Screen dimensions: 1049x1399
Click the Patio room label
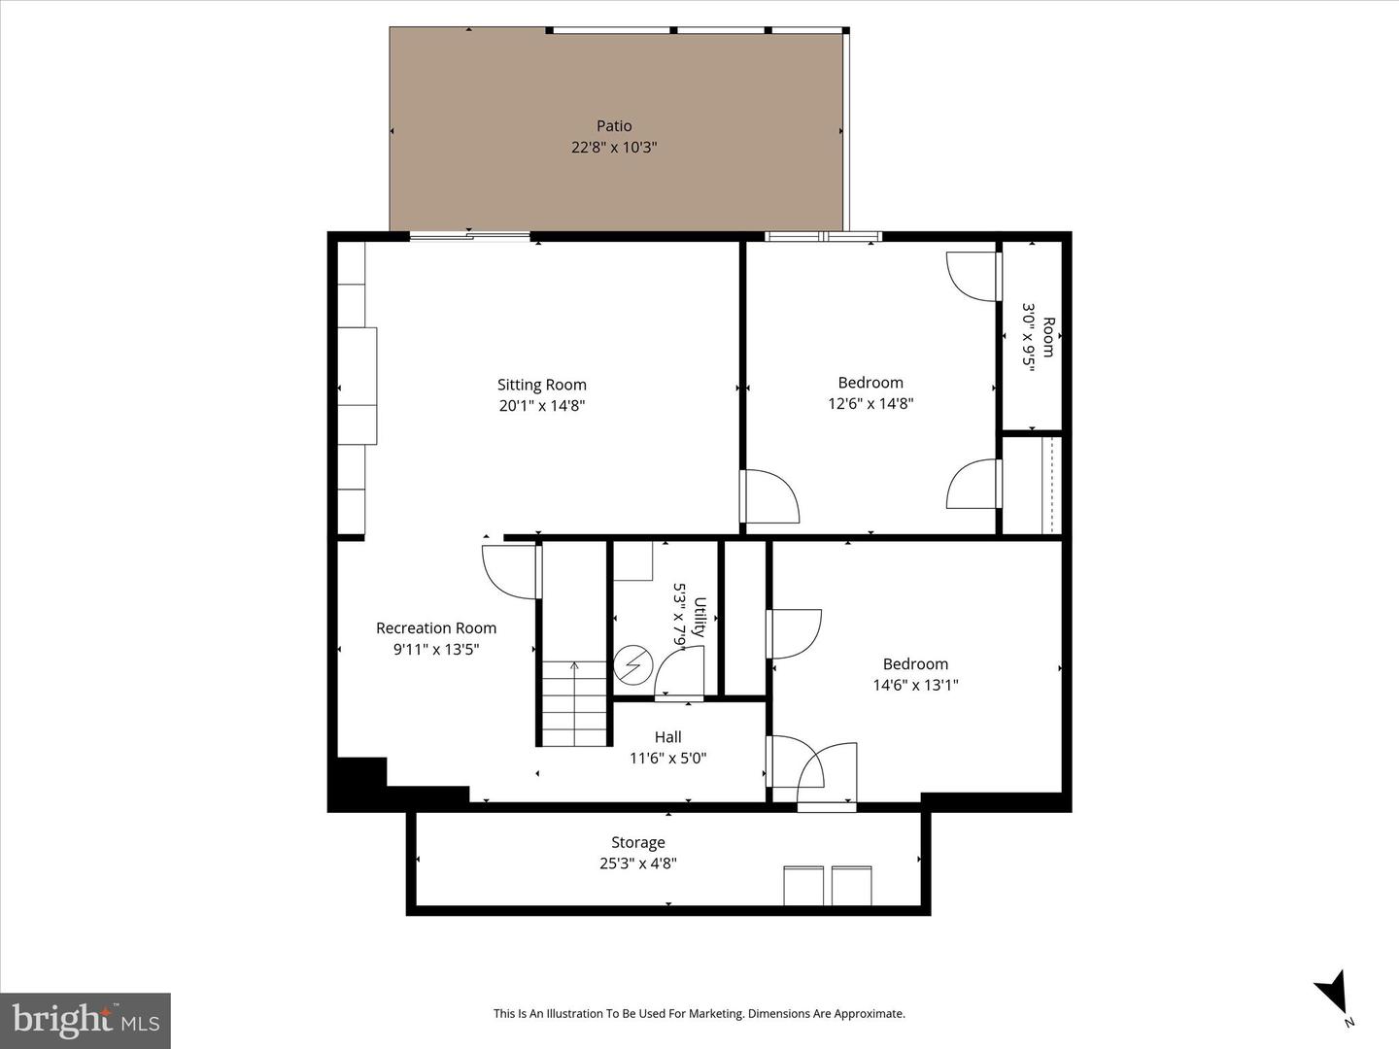[x=614, y=126]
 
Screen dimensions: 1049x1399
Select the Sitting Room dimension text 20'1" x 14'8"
[x=541, y=406]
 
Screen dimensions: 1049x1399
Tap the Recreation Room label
[x=436, y=628]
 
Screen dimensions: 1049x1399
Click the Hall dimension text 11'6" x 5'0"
[x=667, y=758]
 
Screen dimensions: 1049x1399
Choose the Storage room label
[x=638, y=843]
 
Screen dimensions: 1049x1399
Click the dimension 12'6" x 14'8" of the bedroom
[x=870, y=404]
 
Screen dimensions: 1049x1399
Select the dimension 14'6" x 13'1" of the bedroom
[x=915, y=685]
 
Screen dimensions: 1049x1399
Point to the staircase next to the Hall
[x=574, y=702]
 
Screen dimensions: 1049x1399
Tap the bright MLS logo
[x=85, y=1020]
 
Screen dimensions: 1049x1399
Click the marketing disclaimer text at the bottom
[x=699, y=1014]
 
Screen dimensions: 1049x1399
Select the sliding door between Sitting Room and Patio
[x=469, y=235]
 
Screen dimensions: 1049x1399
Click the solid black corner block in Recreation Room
[x=358, y=782]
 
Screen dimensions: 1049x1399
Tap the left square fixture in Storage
[x=802, y=885]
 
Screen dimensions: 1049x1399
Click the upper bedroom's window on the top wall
[x=823, y=236]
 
